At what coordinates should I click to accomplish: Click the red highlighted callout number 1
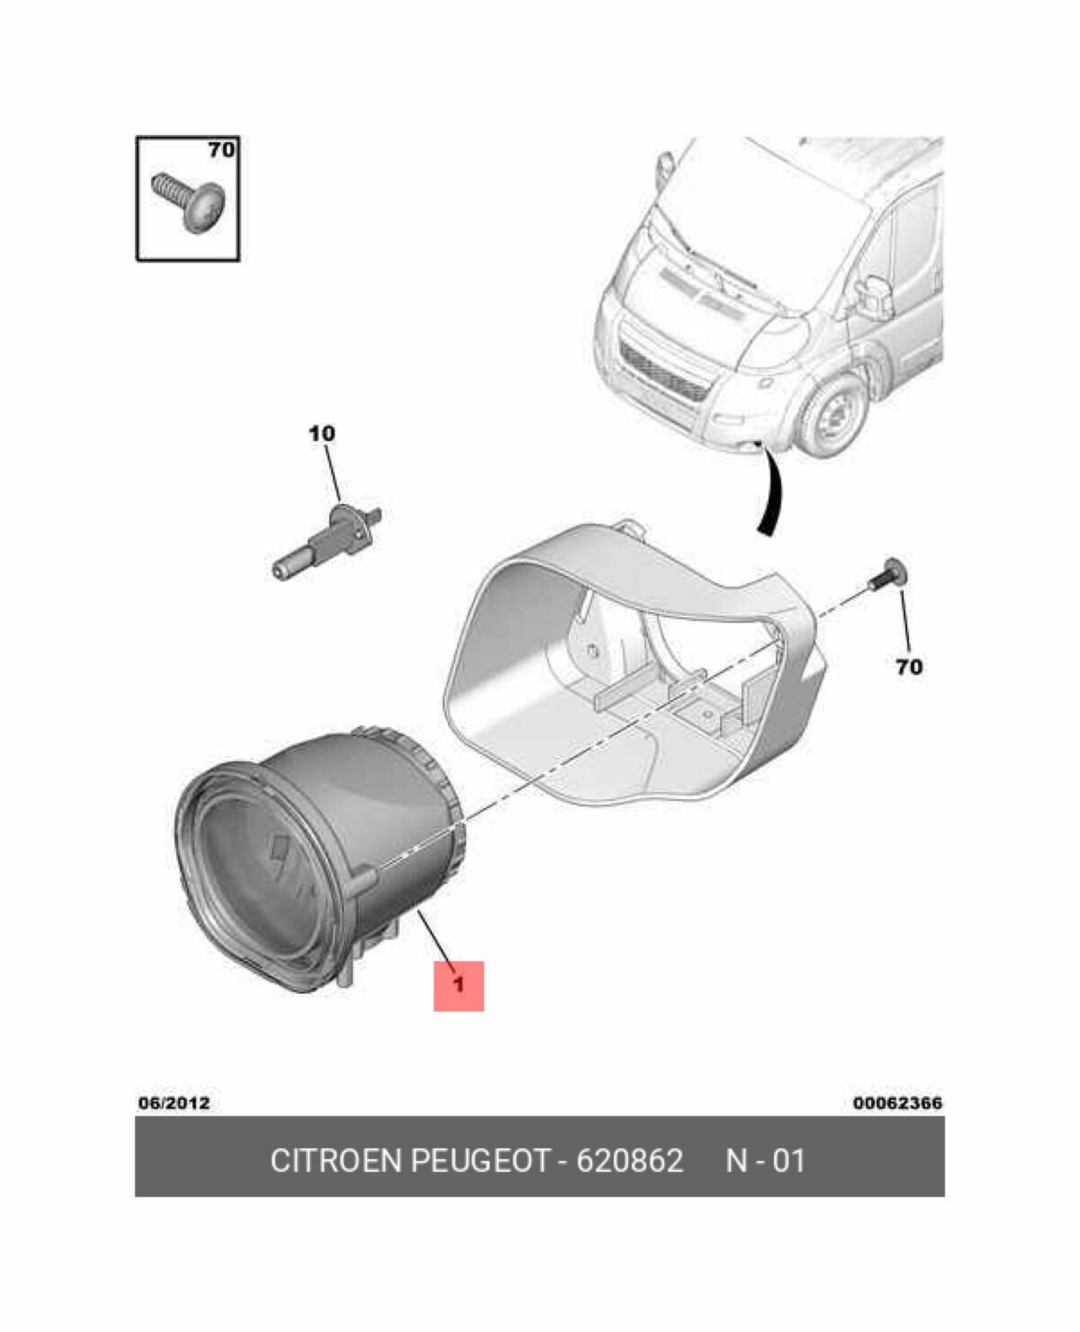point(458,985)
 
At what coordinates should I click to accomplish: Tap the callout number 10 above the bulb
point(321,434)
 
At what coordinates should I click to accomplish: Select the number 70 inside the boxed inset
point(220,149)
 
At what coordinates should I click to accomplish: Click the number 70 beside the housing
point(908,667)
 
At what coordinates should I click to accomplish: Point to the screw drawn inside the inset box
point(190,202)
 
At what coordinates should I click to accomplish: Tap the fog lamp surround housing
point(630,666)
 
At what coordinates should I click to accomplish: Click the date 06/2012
point(174,1102)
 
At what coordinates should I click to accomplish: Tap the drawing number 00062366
point(897,1102)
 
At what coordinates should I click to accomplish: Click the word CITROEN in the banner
point(336,1161)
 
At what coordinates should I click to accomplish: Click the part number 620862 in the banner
point(629,1161)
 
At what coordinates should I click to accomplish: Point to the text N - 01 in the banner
point(765,1161)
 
